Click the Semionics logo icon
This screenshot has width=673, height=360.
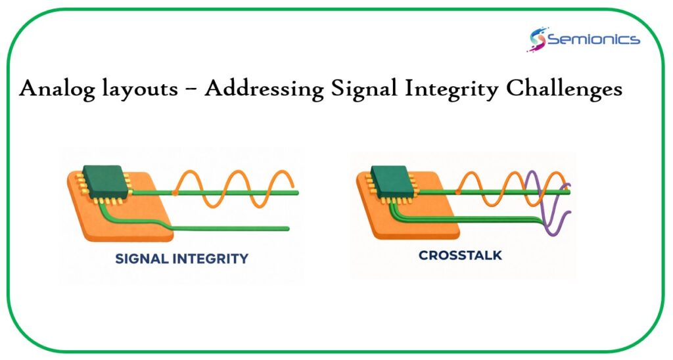537,39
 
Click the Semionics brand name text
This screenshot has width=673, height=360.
593,39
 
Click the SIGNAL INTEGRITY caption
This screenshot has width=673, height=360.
181,259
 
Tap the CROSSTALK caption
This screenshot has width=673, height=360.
460,255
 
